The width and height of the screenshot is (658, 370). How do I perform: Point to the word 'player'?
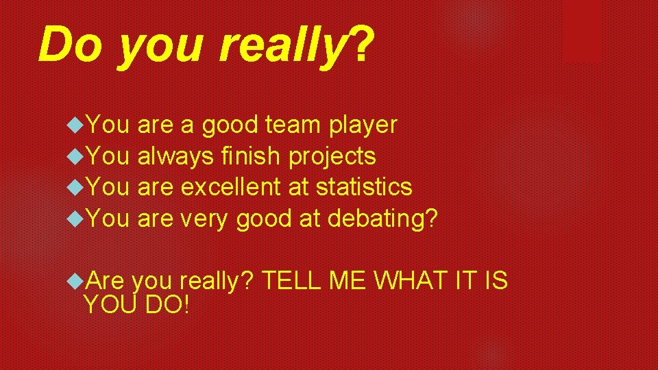(x=363, y=126)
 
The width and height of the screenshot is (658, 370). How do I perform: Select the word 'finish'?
(x=251, y=156)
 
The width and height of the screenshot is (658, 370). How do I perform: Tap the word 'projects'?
(x=332, y=158)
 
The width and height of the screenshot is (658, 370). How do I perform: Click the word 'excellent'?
(x=230, y=187)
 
